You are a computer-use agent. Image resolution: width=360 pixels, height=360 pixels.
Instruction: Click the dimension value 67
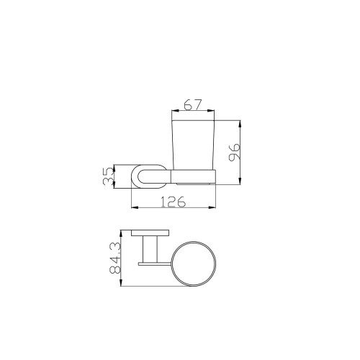tap(192, 104)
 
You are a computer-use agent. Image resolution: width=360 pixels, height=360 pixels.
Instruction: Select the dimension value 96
tap(235, 153)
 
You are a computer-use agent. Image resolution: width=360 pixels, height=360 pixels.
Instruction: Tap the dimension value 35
tap(108, 176)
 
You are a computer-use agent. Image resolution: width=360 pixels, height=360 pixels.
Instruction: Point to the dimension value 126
tap(173, 202)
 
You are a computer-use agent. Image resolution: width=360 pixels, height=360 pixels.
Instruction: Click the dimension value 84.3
tap(114, 258)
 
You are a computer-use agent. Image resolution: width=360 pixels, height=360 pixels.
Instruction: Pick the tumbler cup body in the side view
tap(194, 145)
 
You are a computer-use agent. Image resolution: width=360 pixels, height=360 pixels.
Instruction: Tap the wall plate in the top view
tap(150, 233)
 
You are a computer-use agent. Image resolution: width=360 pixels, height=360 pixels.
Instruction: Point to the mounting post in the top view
tap(150, 249)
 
